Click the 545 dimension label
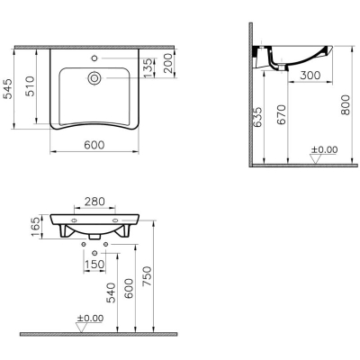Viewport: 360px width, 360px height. click(x=8, y=88)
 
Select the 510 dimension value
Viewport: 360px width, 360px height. click(x=30, y=86)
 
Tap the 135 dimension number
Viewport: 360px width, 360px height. click(x=148, y=68)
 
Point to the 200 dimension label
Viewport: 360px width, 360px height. click(x=168, y=63)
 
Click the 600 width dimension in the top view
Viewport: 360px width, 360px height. click(x=94, y=145)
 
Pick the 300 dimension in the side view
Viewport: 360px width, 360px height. click(x=310, y=76)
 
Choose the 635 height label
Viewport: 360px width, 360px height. click(x=257, y=117)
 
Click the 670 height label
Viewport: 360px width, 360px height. click(x=281, y=115)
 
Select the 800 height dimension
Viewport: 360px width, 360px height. click(x=346, y=105)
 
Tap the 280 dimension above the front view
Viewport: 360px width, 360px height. click(x=94, y=202)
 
